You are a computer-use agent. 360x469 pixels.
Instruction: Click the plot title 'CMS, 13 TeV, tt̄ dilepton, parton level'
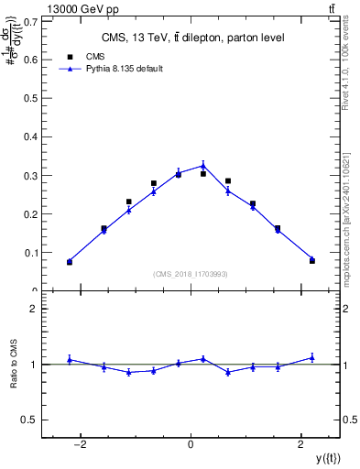click(191, 38)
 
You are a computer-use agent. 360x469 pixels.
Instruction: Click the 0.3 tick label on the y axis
click(31, 175)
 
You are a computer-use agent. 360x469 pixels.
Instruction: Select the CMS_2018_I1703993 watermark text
click(191, 274)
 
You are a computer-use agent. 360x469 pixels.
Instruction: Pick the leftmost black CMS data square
click(70, 262)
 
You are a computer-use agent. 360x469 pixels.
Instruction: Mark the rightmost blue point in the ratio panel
click(311, 357)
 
